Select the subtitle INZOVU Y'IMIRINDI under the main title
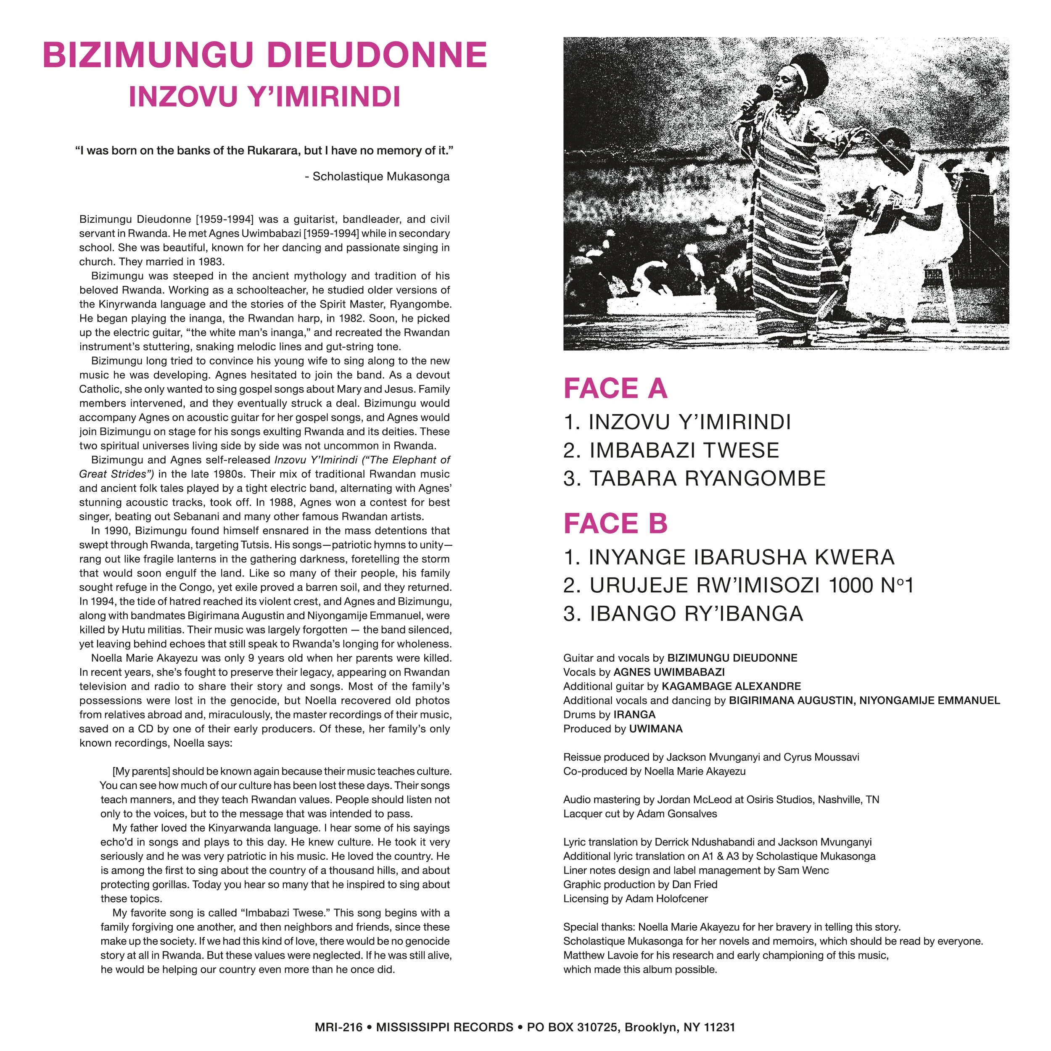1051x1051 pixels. coord(265,97)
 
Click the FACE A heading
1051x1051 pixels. coord(615,388)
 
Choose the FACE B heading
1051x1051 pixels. coord(615,523)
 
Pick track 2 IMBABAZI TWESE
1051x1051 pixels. coord(671,450)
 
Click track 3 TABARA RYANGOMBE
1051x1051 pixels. coord(695,479)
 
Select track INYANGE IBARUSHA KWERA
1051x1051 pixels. coord(729,557)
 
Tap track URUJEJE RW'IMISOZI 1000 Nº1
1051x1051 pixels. coord(738,585)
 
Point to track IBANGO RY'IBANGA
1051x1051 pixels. coord(683,614)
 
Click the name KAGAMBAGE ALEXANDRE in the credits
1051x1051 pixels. coord(731,687)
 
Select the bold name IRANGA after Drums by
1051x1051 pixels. coord(634,715)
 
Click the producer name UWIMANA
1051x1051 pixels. coord(655,729)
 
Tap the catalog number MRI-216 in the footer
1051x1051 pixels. coord(338,1027)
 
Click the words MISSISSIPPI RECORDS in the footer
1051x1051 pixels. coord(444,1027)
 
